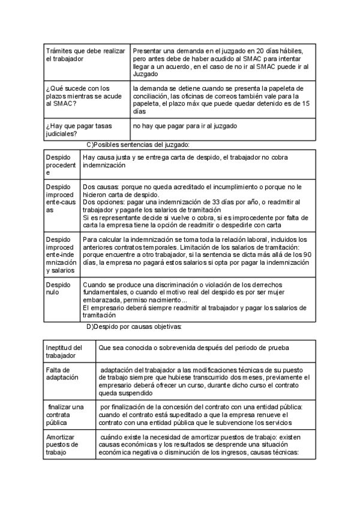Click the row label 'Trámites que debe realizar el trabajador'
click(x=85, y=55)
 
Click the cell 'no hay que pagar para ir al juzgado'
click(x=185, y=125)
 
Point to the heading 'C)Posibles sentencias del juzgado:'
click(x=138, y=145)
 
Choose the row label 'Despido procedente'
click(x=61, y=164)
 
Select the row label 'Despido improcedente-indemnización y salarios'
click(x=61, y=254)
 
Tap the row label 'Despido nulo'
click(x=58, y=289)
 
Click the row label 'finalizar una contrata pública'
click(x=65, y=415)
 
